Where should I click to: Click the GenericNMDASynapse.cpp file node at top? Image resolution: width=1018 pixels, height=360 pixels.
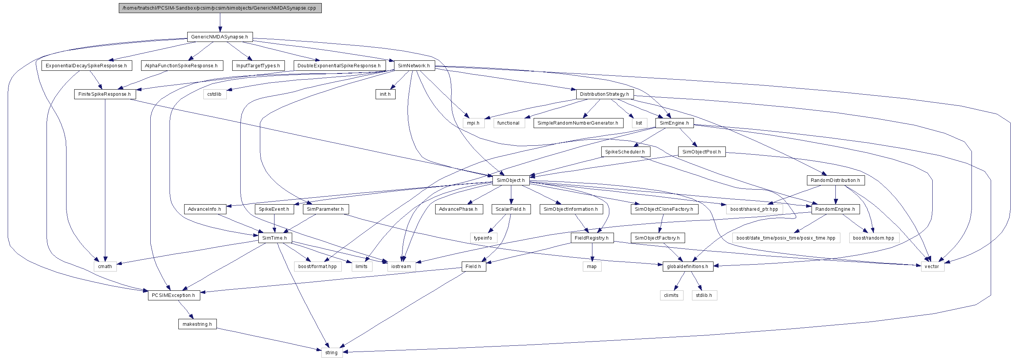pos(220,8)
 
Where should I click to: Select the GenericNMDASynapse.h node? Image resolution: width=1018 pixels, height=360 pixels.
pos(220,37)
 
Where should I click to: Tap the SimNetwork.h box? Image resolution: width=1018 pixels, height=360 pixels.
pos(414,66)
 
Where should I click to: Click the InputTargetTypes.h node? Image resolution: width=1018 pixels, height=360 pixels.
pos(258,66)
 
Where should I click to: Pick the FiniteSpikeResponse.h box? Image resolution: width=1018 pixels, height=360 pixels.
pos(105,94)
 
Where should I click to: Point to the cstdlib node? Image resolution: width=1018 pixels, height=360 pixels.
pos(215,94)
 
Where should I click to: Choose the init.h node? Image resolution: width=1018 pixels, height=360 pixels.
pos(385,94)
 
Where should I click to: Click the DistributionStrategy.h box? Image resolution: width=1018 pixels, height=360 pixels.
pos(605,94)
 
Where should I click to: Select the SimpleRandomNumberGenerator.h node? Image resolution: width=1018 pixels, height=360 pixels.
pos(578,123)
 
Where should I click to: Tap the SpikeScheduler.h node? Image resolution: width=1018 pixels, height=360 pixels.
pos(625,152)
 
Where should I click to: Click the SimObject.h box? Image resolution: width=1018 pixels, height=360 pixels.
pos(511,180)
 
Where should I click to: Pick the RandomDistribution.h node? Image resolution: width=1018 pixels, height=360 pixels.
pos(835,180)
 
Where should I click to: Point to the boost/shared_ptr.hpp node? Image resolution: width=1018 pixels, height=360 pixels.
pos(754,209)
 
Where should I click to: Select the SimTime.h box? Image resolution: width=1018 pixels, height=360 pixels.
pos(275,238)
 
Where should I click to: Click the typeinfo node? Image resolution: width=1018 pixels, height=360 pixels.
pos(483,238)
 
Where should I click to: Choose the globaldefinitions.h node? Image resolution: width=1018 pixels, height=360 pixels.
pos(688,266)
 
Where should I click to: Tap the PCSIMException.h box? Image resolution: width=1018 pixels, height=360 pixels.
pos(174,295)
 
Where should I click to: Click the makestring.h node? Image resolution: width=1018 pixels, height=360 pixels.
pos(197,324)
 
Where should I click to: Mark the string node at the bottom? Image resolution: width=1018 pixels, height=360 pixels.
pos(331,352)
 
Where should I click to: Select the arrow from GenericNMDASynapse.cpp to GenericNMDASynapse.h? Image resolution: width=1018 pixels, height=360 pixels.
pos(220,23)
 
